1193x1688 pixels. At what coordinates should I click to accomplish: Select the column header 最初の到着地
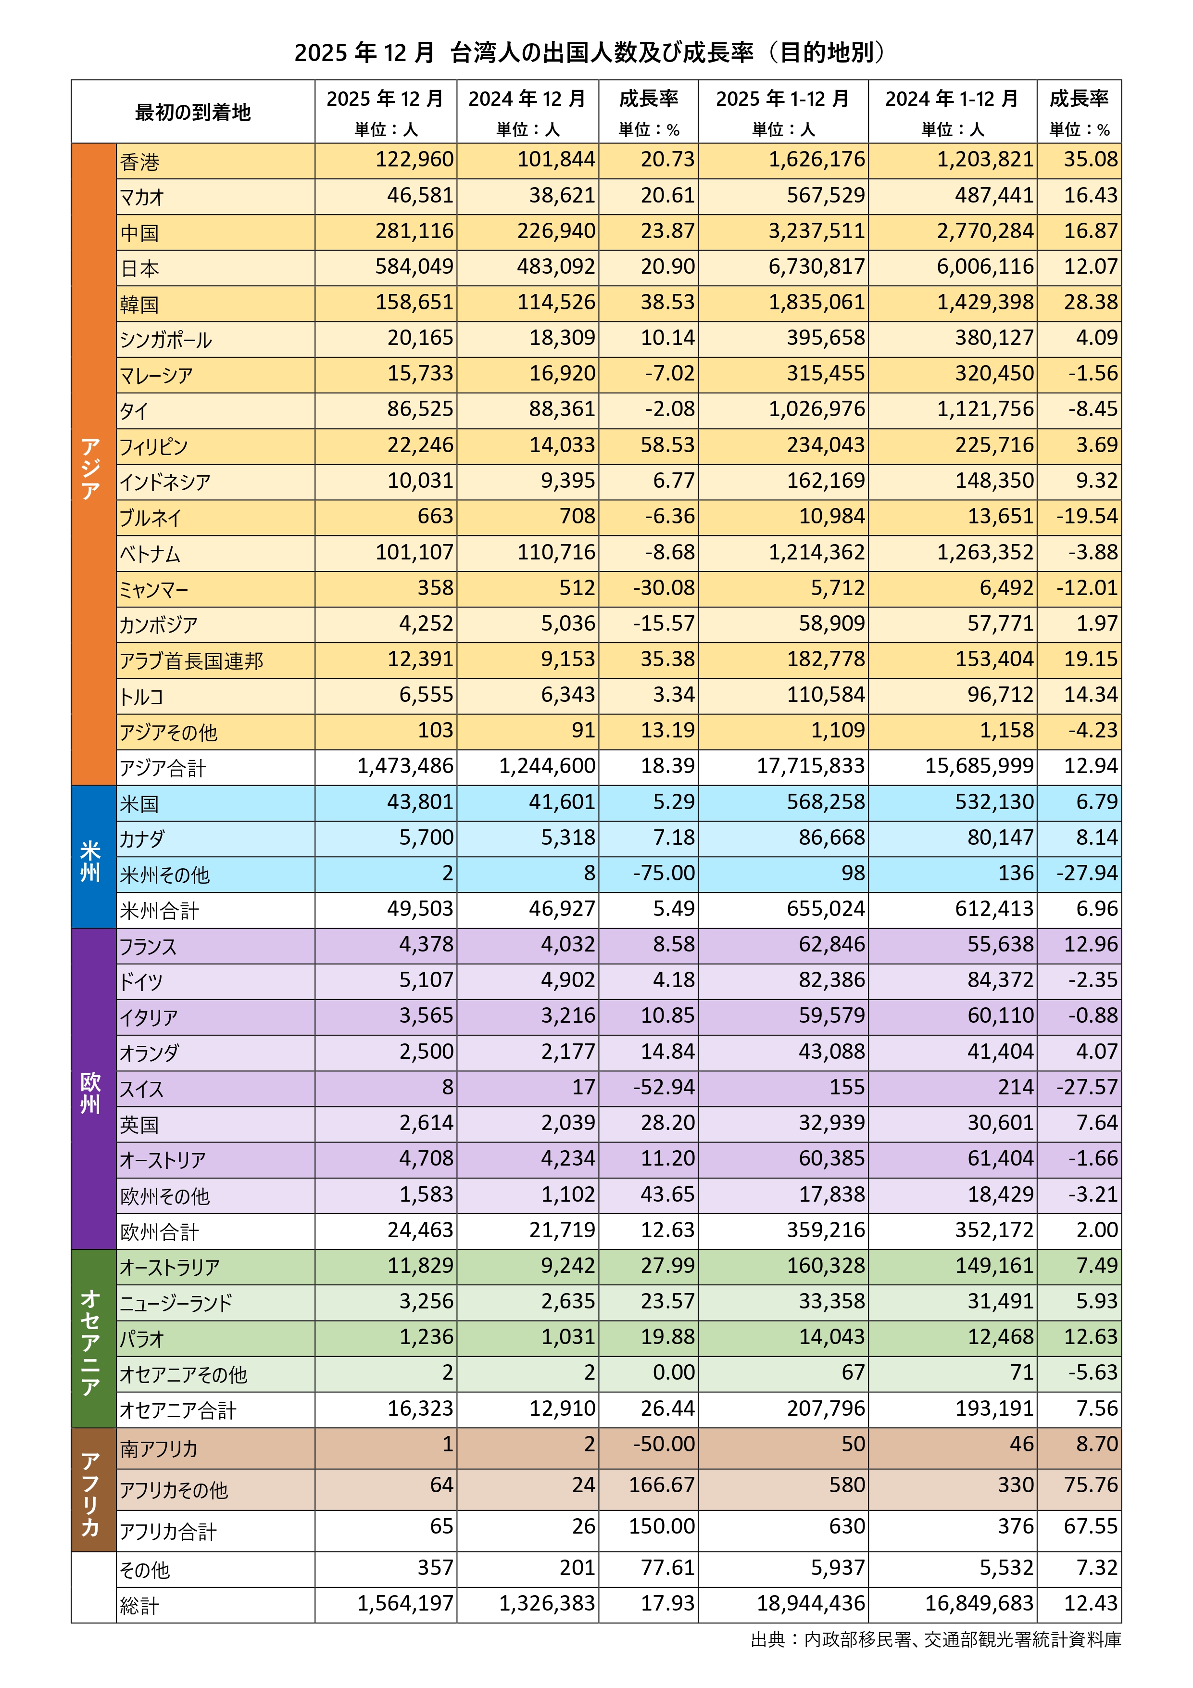[x=193, y=112]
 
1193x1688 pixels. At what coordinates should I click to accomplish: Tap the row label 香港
[x=139, y=162]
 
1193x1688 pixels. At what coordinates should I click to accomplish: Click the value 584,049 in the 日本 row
[x=414, y=267]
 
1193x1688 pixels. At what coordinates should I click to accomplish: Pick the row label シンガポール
[x=166, y=340]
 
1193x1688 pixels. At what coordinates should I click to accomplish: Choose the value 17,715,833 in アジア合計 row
[x=811, y=766]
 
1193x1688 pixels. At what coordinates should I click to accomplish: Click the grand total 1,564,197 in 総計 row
[x=406, y=1603]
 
